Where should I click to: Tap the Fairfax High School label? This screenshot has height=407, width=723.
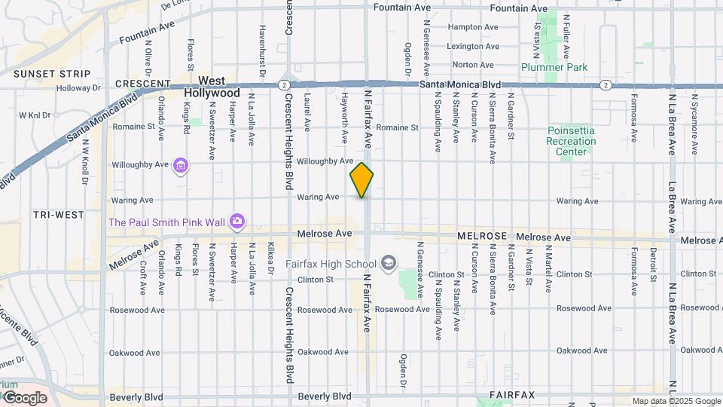331,264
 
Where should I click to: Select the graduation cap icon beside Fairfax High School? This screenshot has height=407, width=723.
389,263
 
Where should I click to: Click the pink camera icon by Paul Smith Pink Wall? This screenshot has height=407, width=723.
238,221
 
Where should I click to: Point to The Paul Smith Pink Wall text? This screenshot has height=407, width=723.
168,222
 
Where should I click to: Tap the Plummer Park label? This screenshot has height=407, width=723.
554,67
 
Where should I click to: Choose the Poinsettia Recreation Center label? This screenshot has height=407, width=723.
571,141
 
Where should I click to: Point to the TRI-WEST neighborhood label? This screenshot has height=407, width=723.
59,215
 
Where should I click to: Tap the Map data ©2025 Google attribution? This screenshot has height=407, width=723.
676,401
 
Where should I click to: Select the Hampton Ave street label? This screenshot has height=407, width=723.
473,26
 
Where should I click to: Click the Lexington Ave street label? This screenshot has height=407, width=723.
474,46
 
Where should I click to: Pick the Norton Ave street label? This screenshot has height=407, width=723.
473,66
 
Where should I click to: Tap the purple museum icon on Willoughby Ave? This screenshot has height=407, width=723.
180,164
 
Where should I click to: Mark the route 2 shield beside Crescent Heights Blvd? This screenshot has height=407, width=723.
282,84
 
